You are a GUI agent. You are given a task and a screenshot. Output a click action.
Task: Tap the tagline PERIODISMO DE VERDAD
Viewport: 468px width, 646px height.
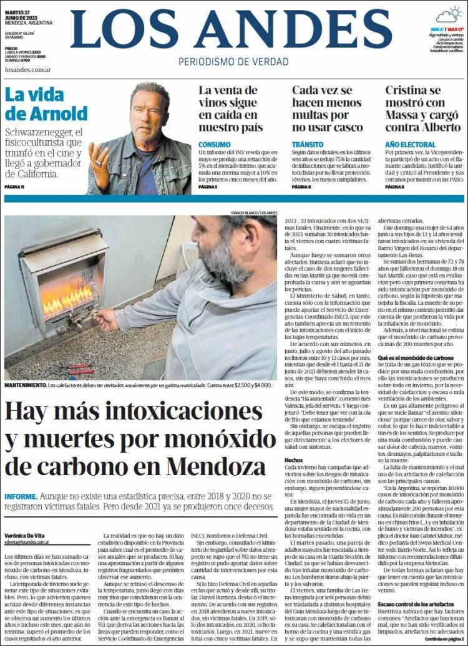pyautogui.click(x=233, y=62)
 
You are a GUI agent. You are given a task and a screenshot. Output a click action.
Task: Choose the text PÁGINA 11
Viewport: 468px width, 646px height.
pyautogui.click(x=14, y=187)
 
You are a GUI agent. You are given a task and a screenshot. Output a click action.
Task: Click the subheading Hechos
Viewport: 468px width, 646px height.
pyautogui.click(x=293, y=458)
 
